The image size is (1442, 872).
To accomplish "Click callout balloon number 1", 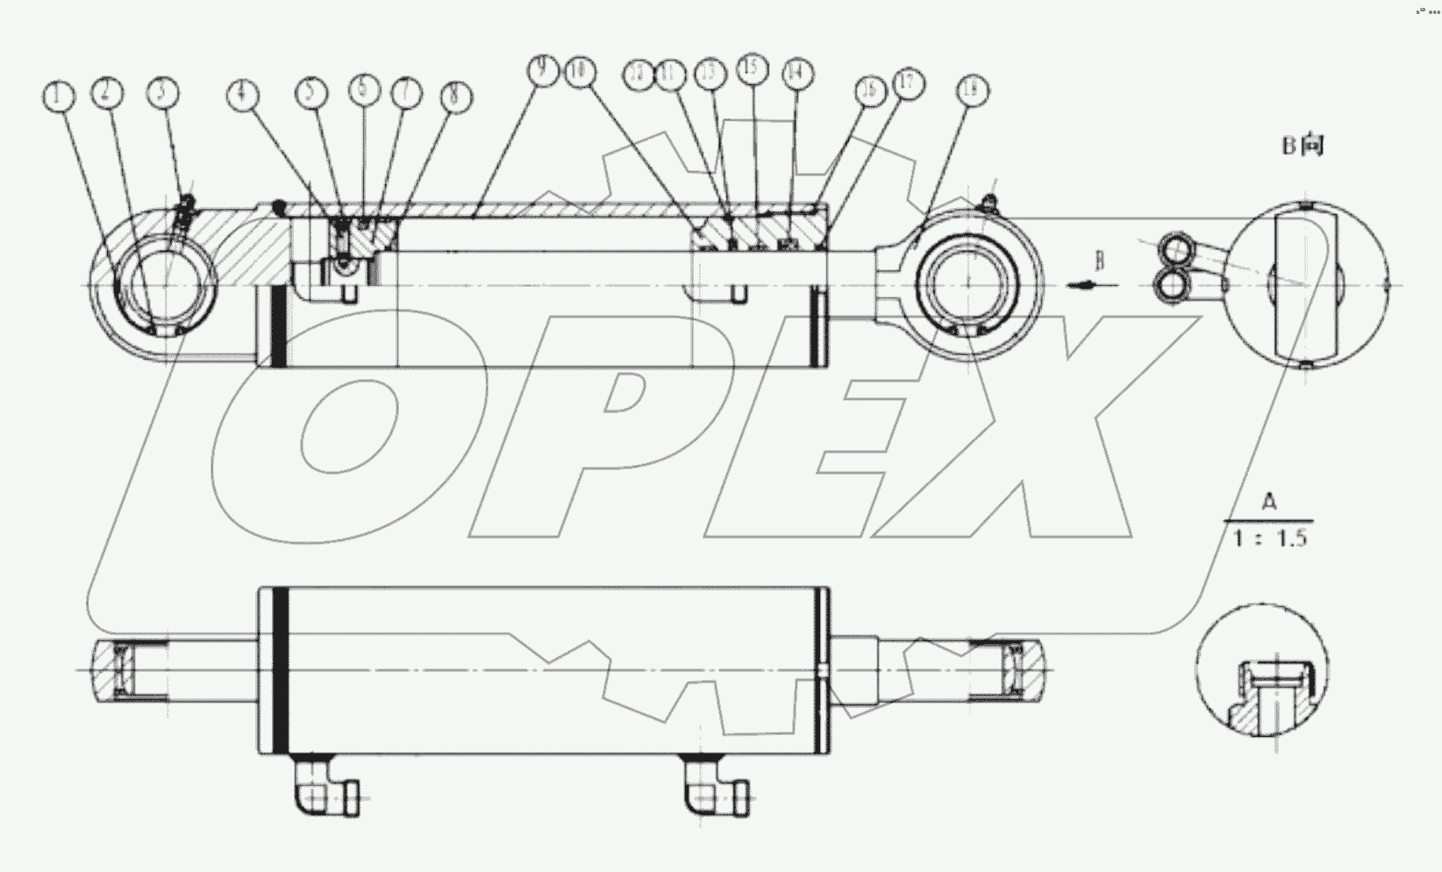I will click(x=59, y=96).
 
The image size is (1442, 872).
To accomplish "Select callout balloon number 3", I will click(x=162, y=93).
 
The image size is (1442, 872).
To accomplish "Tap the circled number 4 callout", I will click(x=244, y=95).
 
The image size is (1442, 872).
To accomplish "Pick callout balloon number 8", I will click(x=453, y=96).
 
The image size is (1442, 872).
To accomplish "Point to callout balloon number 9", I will click(x=544, y=68).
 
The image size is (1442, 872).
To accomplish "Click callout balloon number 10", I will click(x=579, y=71).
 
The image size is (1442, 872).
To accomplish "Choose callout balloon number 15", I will click(x=752, y=68).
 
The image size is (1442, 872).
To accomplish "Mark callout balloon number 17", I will click(x=908, y=85).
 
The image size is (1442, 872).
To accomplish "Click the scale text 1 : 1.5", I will click(x=1270, y=538).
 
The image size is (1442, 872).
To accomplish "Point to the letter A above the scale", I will click(x=1269, y=502).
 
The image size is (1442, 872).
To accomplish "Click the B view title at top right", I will click(x=1302, y=145).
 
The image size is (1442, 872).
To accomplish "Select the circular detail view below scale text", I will click(x=1262, y=668).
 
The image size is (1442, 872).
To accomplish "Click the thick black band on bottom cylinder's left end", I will click(x=281, y=669).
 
